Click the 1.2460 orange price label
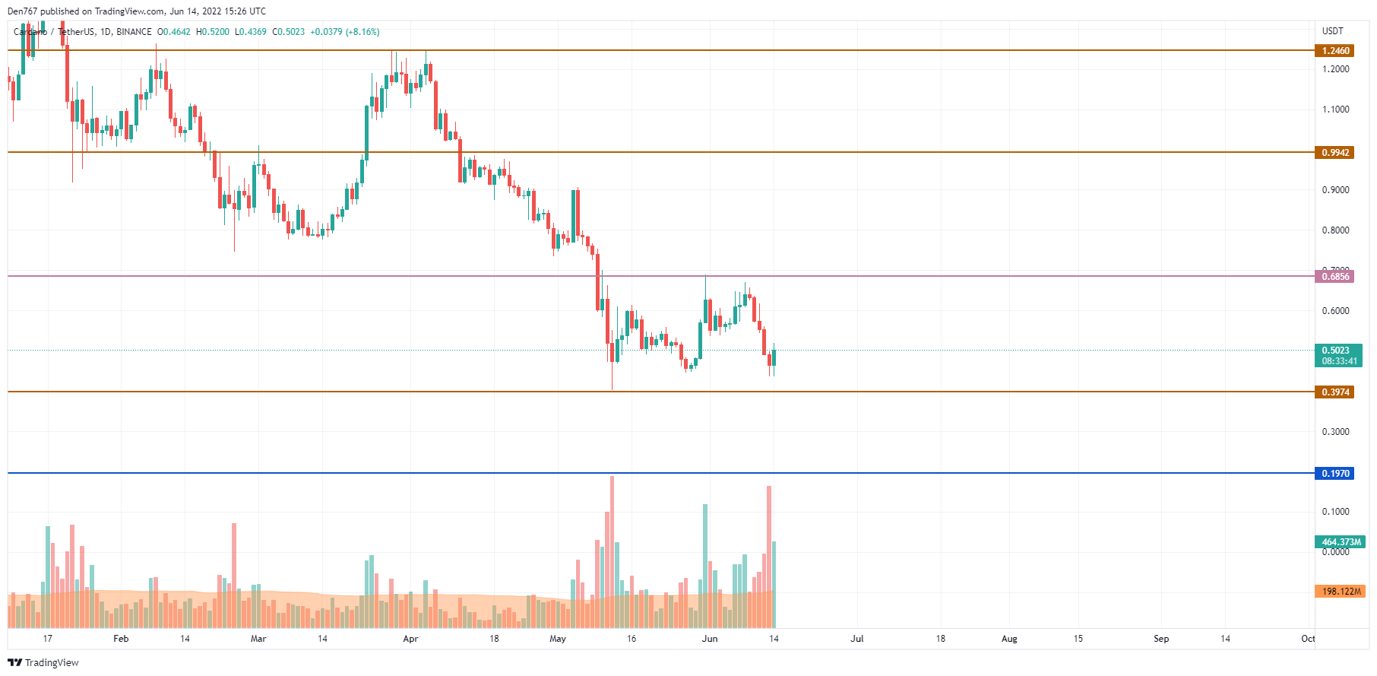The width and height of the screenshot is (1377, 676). point(1334,51)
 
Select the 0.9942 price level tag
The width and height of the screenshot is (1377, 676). point(1334,153)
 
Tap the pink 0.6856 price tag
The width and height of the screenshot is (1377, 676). point(1334,277)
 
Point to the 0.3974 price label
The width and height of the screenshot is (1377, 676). point(1334,392)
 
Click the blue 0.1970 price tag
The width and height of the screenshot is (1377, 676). point(1334,474)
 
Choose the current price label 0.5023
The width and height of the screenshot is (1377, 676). point(1335,351)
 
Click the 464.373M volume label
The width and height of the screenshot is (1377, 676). point(1341,542)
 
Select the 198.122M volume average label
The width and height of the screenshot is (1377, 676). point(1341,592)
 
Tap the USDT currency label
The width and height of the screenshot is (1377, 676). point(1332,31)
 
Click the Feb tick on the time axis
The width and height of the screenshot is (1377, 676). point(121,639)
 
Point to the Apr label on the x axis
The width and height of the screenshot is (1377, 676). point(410,639)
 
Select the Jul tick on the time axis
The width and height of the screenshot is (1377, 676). point(856,639)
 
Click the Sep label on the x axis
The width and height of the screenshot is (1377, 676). point(1161,639)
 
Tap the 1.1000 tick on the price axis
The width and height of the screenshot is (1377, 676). point(1335,109)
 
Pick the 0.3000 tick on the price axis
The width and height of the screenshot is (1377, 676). point(1335,432)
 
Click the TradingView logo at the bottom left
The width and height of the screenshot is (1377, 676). point(43,662)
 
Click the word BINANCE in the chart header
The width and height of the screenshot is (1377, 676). point(134,32)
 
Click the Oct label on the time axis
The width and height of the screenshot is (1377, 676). point(1307,639)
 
